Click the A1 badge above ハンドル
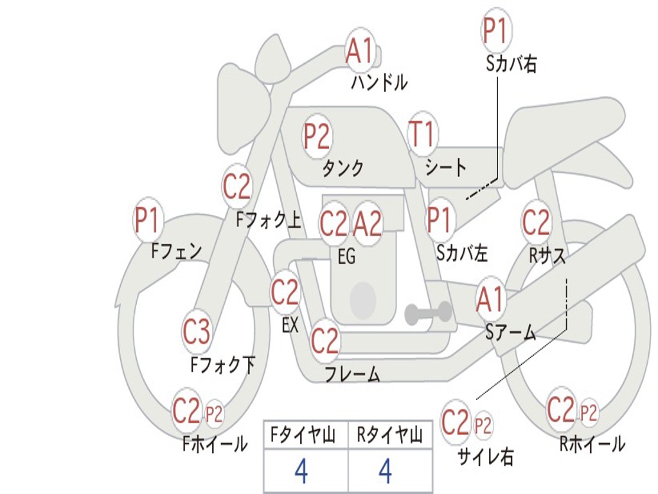pyautogui.click(x=360, y=51)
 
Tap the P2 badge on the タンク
pyautogui.click(x=317, y=137)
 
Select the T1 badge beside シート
pyautogui.click(x=422, y=135)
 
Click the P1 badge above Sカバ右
pyautogui.click(x=495, y=31)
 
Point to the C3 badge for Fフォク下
pyautogui.click(x=197, y=332)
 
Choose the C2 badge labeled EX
pyautogui.click(x=285, y=293)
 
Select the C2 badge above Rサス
pyautogui.click(x=536, y=223)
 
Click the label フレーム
pyautogui.click(x=352, y=374)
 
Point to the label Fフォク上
pyautogui.click(x=269, y=221)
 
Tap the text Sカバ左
pyautogui.click(x=462, y=253)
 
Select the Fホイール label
pyautogui.click(x=215, y=443)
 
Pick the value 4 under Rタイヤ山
pyautogui.click(x=386, y=471)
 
